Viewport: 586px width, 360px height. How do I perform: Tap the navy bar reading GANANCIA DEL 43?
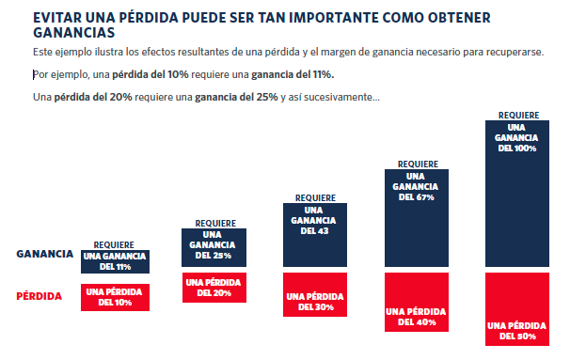point(315,236)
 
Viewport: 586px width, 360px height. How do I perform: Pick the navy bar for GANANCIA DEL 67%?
point(416,219)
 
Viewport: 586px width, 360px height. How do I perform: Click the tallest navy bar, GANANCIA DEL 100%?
point(516,196)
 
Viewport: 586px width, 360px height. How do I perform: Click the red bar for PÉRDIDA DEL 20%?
point(214,287)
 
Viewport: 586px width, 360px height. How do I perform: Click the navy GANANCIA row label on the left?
point(45,255)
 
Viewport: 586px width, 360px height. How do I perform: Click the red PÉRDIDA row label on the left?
point(40,297)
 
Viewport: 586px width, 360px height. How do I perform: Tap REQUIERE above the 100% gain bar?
point(516,115)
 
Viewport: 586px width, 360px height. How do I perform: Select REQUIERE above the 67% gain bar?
point(416,164)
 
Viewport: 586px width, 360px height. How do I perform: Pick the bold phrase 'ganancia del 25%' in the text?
point(236,98)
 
